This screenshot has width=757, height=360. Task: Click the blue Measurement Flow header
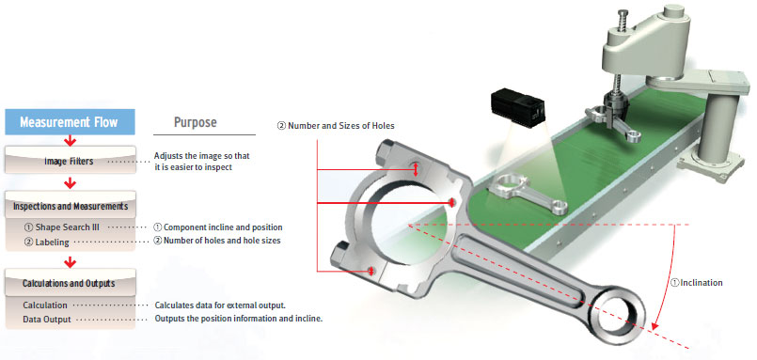point(70,122)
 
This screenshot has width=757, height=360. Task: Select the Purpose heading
point(195,122)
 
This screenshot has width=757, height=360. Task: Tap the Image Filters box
point(70,161)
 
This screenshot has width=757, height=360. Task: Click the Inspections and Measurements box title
point(71,206)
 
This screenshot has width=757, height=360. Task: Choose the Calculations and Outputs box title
point(69,283)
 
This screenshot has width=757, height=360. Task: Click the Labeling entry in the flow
point(46,243)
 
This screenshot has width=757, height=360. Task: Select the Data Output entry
point(47,320)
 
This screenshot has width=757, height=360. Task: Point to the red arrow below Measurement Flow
point(71,141)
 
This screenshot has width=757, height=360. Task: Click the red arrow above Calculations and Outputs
point(71,262)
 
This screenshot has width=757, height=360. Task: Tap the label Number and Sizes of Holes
point(336,126)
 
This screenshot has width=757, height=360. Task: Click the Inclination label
point(697,283)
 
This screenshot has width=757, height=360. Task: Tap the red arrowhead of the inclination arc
point(654,326)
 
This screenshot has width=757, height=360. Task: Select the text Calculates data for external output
point(220,305)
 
